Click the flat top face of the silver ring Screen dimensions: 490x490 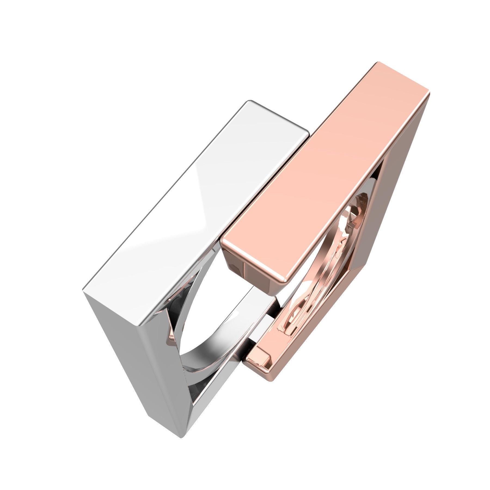point(196,207)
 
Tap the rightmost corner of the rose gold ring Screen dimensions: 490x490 point(430,93)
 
